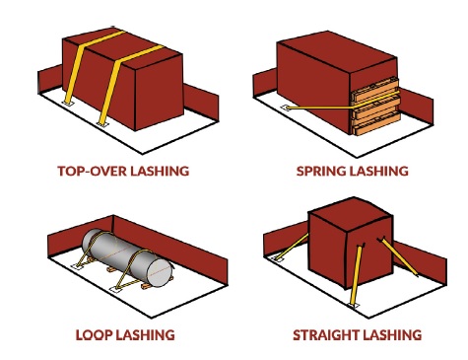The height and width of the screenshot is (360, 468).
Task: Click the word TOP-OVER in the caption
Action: (93, 171)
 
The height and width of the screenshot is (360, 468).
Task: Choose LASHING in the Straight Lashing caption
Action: (392, 334)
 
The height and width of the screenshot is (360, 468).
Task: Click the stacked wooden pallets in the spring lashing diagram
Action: (376, 107)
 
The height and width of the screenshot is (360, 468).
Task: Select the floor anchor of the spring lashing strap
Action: (286, 108)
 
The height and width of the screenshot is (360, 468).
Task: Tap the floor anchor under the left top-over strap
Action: (69, 104)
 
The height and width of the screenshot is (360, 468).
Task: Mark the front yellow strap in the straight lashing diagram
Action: (357, 274)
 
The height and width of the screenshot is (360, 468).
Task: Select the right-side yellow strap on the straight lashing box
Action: (398, 256)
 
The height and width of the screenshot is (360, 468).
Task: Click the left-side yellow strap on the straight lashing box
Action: (293, 247)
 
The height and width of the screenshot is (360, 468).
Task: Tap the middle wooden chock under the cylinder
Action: (111, 269)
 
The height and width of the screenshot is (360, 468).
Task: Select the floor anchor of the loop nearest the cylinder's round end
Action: (115, 289)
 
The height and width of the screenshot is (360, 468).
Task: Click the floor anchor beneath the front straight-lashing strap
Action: (354, 306)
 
